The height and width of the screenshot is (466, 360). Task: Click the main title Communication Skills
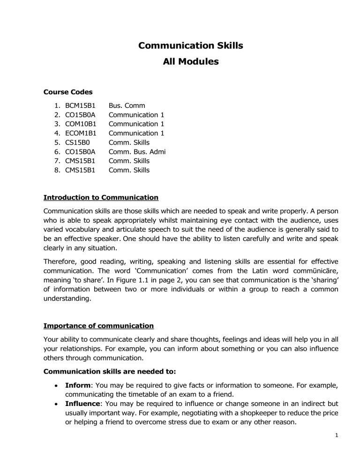coord(190,45)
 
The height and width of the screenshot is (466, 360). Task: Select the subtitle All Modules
coord(190,61)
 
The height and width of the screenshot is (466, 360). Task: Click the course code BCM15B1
coord(80,106)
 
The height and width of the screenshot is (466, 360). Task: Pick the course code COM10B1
coord(81,124)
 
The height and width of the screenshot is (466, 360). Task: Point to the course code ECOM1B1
coord(81,133)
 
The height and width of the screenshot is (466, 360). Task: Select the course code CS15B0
coord(77,143)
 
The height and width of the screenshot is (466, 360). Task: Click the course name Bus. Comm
coord(127,106)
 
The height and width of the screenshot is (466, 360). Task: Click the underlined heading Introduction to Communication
coord(101,197)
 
